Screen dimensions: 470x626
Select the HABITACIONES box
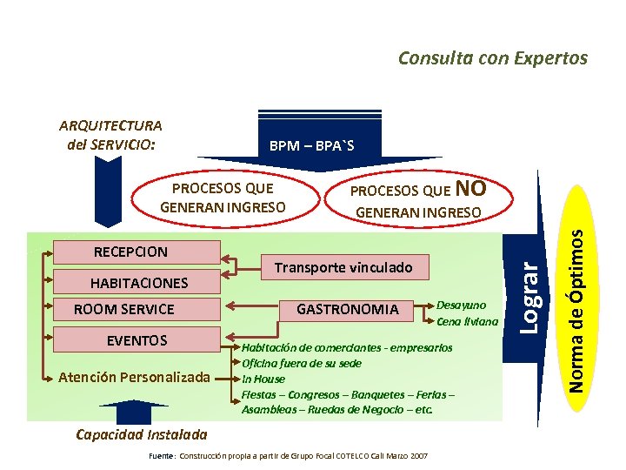(137, 282)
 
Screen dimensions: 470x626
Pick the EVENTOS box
(136, 339)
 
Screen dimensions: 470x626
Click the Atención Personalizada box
(134, 377)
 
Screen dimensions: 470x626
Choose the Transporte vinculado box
(343, 267)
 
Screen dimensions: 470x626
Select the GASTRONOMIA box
(348, 309)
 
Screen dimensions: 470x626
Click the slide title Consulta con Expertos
(492, 58)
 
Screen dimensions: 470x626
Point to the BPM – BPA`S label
(311, 144)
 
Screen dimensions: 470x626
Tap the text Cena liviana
(468, 321)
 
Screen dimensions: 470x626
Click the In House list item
(263, 379)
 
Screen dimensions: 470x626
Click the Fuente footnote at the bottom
(288, 455)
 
